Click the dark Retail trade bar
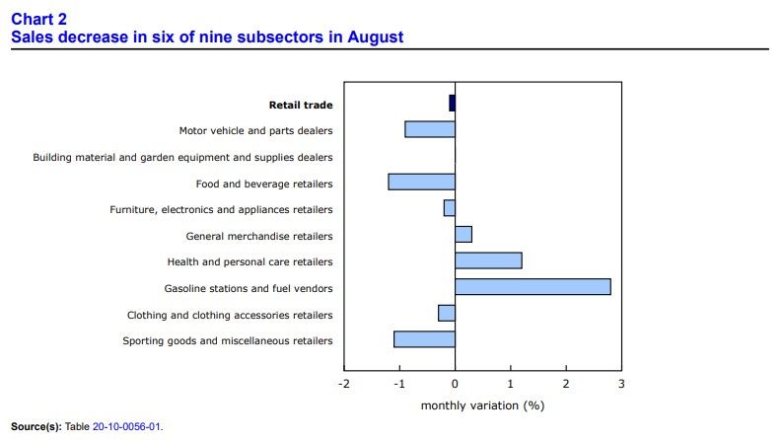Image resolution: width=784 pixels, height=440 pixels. [452, 103]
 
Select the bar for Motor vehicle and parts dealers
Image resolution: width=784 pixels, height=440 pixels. [430, 129]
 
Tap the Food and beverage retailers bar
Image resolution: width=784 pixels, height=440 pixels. [421, 182]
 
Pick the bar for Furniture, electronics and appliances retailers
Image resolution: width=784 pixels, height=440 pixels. [450, 208]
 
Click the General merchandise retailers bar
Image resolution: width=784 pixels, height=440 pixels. [463, 234]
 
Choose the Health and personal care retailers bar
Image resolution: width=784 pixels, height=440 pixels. [488, 260]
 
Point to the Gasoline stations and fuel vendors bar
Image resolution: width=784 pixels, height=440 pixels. [533, 286]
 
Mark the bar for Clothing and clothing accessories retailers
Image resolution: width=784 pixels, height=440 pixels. [447, 313]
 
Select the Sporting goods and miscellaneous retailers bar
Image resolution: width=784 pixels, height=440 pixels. [424, 339]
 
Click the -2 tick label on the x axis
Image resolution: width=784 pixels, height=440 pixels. [344, 384]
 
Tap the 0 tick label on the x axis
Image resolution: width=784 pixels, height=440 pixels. [455, 384]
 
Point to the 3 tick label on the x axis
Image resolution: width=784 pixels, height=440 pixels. [621, 384]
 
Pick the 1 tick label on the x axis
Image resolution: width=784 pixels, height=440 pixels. [511, 384]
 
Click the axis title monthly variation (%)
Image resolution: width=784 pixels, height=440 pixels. [482, 405]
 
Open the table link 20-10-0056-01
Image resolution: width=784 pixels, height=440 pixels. [126, 426]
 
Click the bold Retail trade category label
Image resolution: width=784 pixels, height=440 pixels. [301, 105]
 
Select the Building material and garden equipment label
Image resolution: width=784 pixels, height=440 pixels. [182, 158]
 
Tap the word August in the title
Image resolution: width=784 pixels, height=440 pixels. [376, 37]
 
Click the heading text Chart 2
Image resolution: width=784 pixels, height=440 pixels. [39, 19]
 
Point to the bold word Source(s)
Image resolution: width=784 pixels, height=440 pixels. [36, 426]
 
